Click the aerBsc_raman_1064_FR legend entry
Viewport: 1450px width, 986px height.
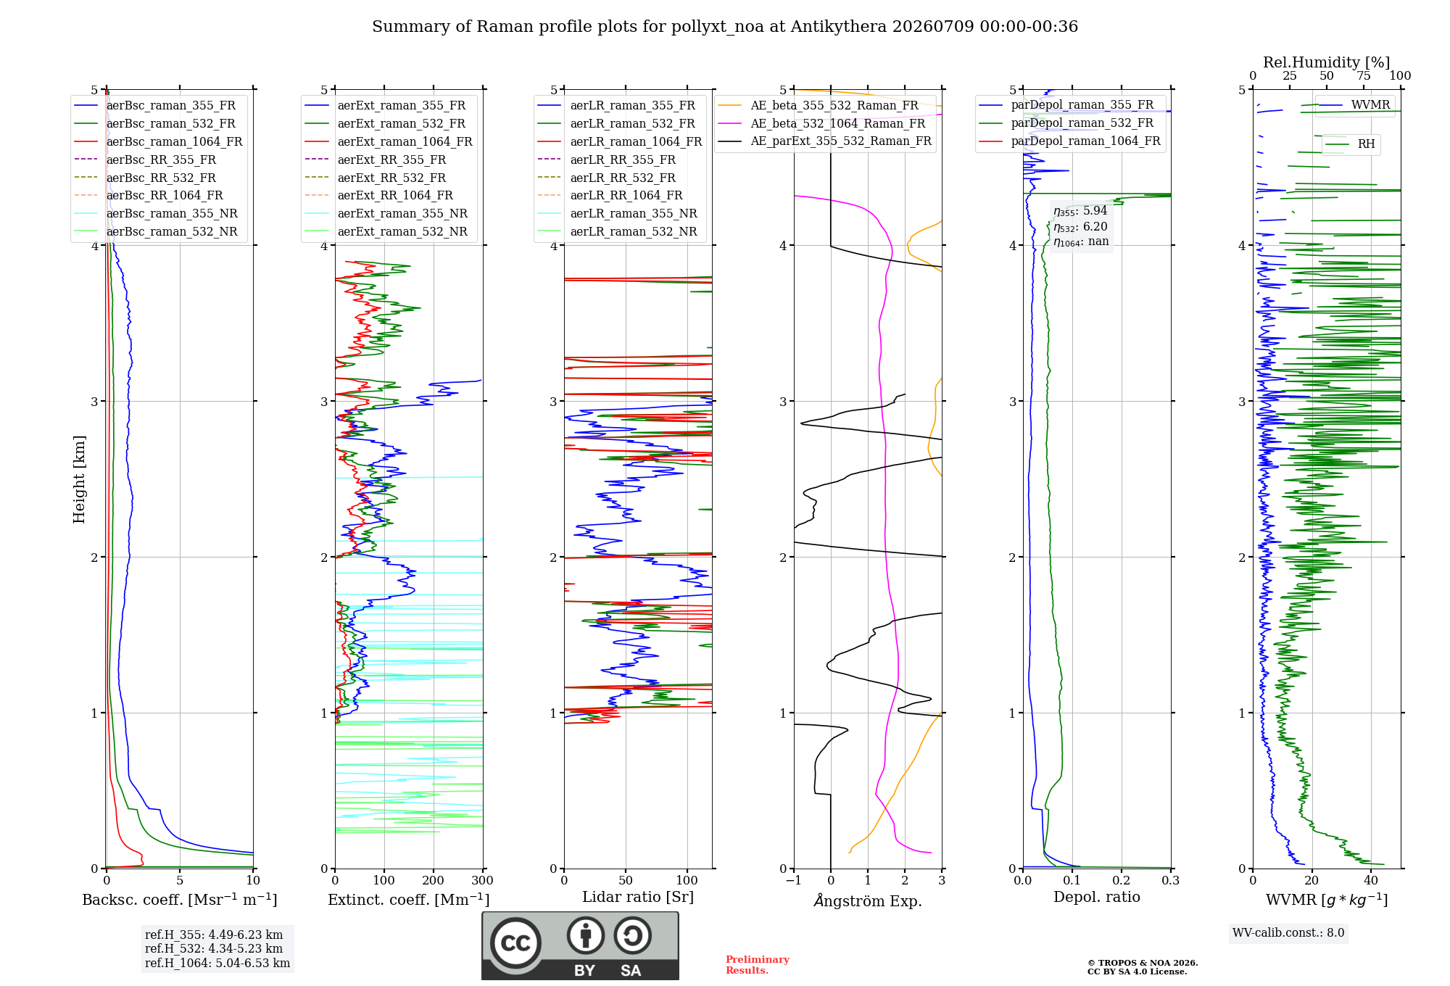click(158, 141)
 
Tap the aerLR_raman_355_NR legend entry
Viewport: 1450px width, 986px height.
click(617, 213)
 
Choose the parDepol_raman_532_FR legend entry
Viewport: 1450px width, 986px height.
click(1066, 123)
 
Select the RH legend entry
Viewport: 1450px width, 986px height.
click(1350, 144)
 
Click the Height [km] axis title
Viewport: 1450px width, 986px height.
click(79, 479)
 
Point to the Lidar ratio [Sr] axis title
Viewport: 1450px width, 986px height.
click(638, 897)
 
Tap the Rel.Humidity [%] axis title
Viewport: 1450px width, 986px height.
click(1327, 62)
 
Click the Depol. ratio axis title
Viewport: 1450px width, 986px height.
click(1097, 897)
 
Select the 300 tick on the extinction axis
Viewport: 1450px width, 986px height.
click(483, 880)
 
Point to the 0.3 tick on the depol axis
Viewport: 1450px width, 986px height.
click(1171, 880)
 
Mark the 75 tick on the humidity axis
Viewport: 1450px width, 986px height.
click(1364, 75)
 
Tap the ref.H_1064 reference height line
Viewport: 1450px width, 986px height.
click(217, 963)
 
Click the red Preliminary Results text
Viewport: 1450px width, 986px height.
click(758, 965)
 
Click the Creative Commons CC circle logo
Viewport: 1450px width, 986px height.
click(515, 942)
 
